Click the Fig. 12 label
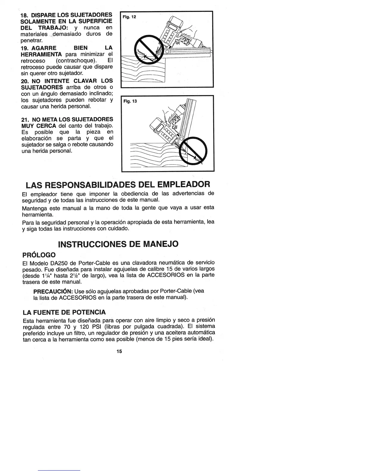[x=130, y=17]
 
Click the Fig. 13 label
[x=130, y=101]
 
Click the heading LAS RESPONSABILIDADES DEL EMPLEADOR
[x=118, y=184]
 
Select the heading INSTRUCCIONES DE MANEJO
[x=118, y=244]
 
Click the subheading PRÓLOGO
[x=39, y=255]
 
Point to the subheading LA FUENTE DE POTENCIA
[x=64, y=312]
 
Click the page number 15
[x=119, y=351]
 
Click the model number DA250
[x=60, y=263]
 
